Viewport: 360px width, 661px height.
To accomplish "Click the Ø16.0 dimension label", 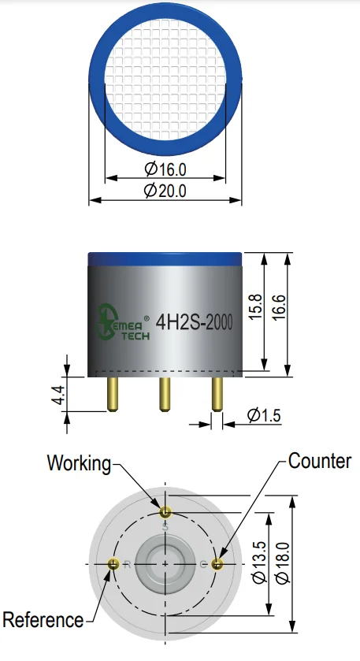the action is pyautogui.click(x=165, y=169).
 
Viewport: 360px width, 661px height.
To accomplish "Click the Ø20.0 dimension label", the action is pyautogui.click(x=165, y=191).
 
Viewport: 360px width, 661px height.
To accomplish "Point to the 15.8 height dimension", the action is pyautogui.click(x=257, y=307).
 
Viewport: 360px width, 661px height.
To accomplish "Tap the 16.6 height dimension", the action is pyautogui.click(x=280, y=308).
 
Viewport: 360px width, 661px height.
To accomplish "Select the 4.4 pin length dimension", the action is pyautogui.click(x=59, y=395).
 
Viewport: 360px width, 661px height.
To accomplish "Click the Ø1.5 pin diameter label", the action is pyautogui.click(x=264, y=415).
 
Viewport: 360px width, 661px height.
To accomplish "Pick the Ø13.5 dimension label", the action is pyautogui.click(x=259, y=562).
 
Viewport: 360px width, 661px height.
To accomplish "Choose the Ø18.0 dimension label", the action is pyautogui.click(x=283, y=563).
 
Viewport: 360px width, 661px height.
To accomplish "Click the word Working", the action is pyautogui.click(x=79, y=463).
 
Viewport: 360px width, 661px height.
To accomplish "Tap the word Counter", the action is pyautogui.click(x=320, y=461).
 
